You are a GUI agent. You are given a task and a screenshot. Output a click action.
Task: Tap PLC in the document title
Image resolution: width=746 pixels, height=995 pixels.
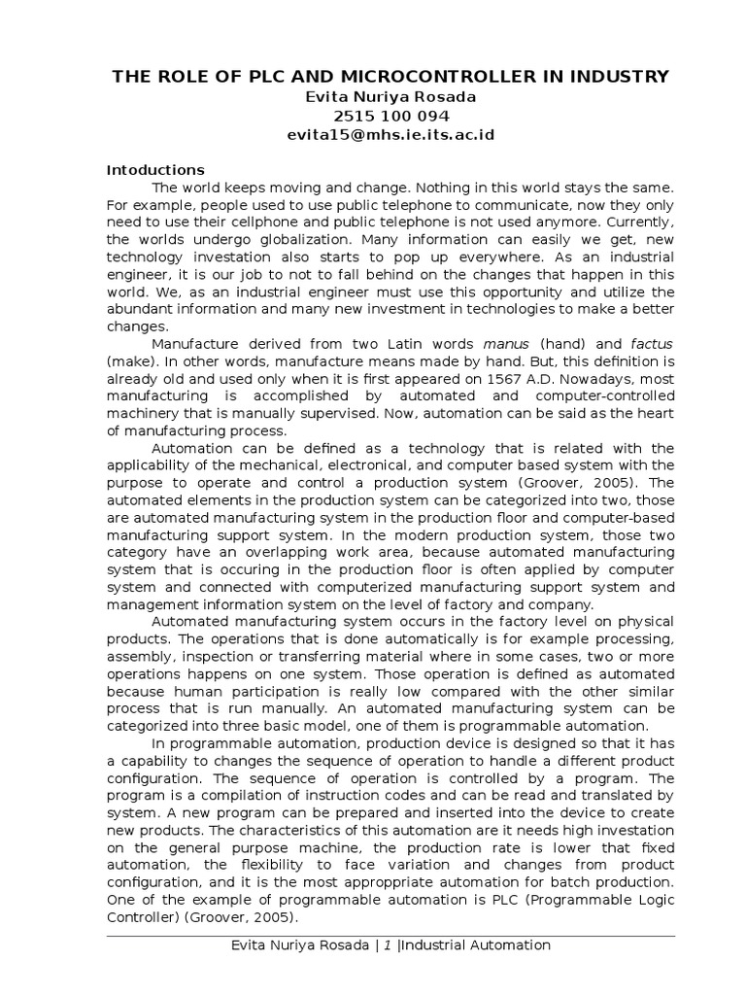pos(255,76)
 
